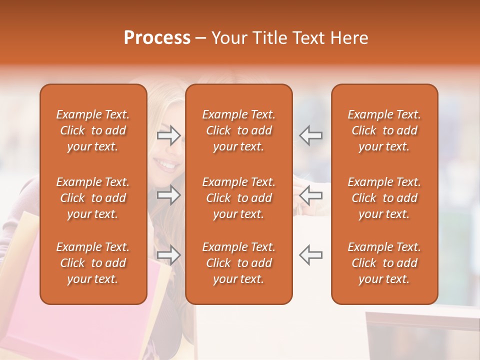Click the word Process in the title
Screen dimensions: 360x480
click(x=156, y=38)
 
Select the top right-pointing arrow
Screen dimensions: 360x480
click(x=169, y=135)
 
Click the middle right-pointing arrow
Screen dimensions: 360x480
click(x=169, y=195)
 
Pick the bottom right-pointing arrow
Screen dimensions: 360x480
click(x=169, y=255)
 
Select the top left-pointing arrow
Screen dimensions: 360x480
click(x=310, y=135)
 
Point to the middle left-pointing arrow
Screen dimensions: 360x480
click(x=310, y=195)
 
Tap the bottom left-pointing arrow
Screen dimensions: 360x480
click(x=310, y=255)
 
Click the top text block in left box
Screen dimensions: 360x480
click(x=93, y=130)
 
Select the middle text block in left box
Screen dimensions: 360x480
click(x=93, y=198)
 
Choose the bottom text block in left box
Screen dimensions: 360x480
click(x=93, y=263)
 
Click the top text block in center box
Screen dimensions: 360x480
click(x=238, y=130)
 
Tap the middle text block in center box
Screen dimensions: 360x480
click(x=238, y=198)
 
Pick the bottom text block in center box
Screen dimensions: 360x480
click(x=238, y=263)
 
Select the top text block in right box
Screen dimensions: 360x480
click(x=384, y=130)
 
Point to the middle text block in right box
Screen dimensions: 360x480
click(x=384, y=198)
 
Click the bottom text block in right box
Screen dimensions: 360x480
click(x=384, y=263)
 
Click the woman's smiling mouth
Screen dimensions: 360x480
click(x=166, y=163)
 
